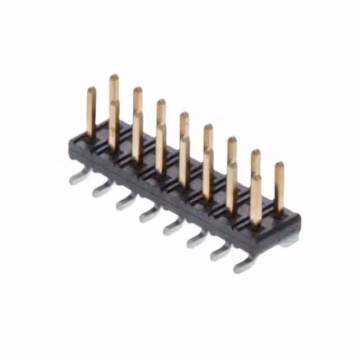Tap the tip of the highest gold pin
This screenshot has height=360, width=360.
[x=114, y=77]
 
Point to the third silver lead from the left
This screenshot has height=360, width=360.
[x=125, y=201]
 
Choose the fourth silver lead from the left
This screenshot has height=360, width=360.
[x=149, y=214]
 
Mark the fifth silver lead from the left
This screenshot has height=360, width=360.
[x=173, y=227]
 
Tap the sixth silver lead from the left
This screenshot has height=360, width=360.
[x=196, y=240]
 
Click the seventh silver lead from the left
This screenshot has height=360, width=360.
[x=220, y=252]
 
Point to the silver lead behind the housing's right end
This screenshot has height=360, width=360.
[x=290, y=241]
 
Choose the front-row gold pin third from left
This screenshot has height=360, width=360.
[x=137, y=135]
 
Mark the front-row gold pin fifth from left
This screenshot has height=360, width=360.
[x=184, y=160]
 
